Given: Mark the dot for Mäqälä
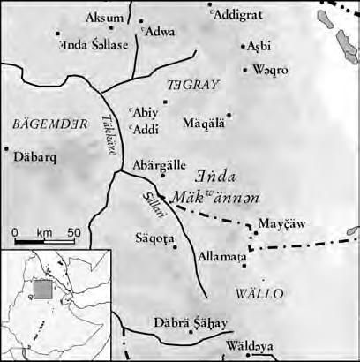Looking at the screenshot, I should coord(229,115).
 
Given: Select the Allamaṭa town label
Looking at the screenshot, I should coord(221,255).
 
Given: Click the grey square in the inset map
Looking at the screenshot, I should coord(38,287).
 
